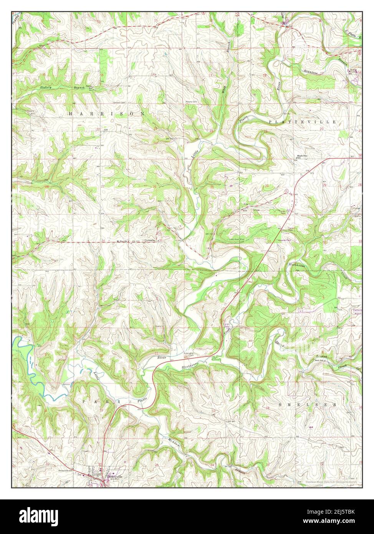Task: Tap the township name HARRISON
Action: (107, 114)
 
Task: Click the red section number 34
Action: (103, 241)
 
